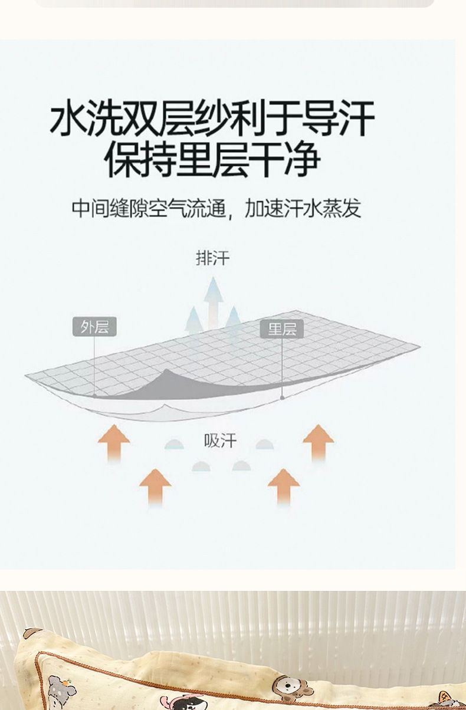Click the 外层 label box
94,327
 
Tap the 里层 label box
282,329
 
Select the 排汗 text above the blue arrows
212,258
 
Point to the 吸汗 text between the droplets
220,441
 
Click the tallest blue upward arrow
213,301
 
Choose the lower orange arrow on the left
155,487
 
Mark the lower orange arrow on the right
284,487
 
